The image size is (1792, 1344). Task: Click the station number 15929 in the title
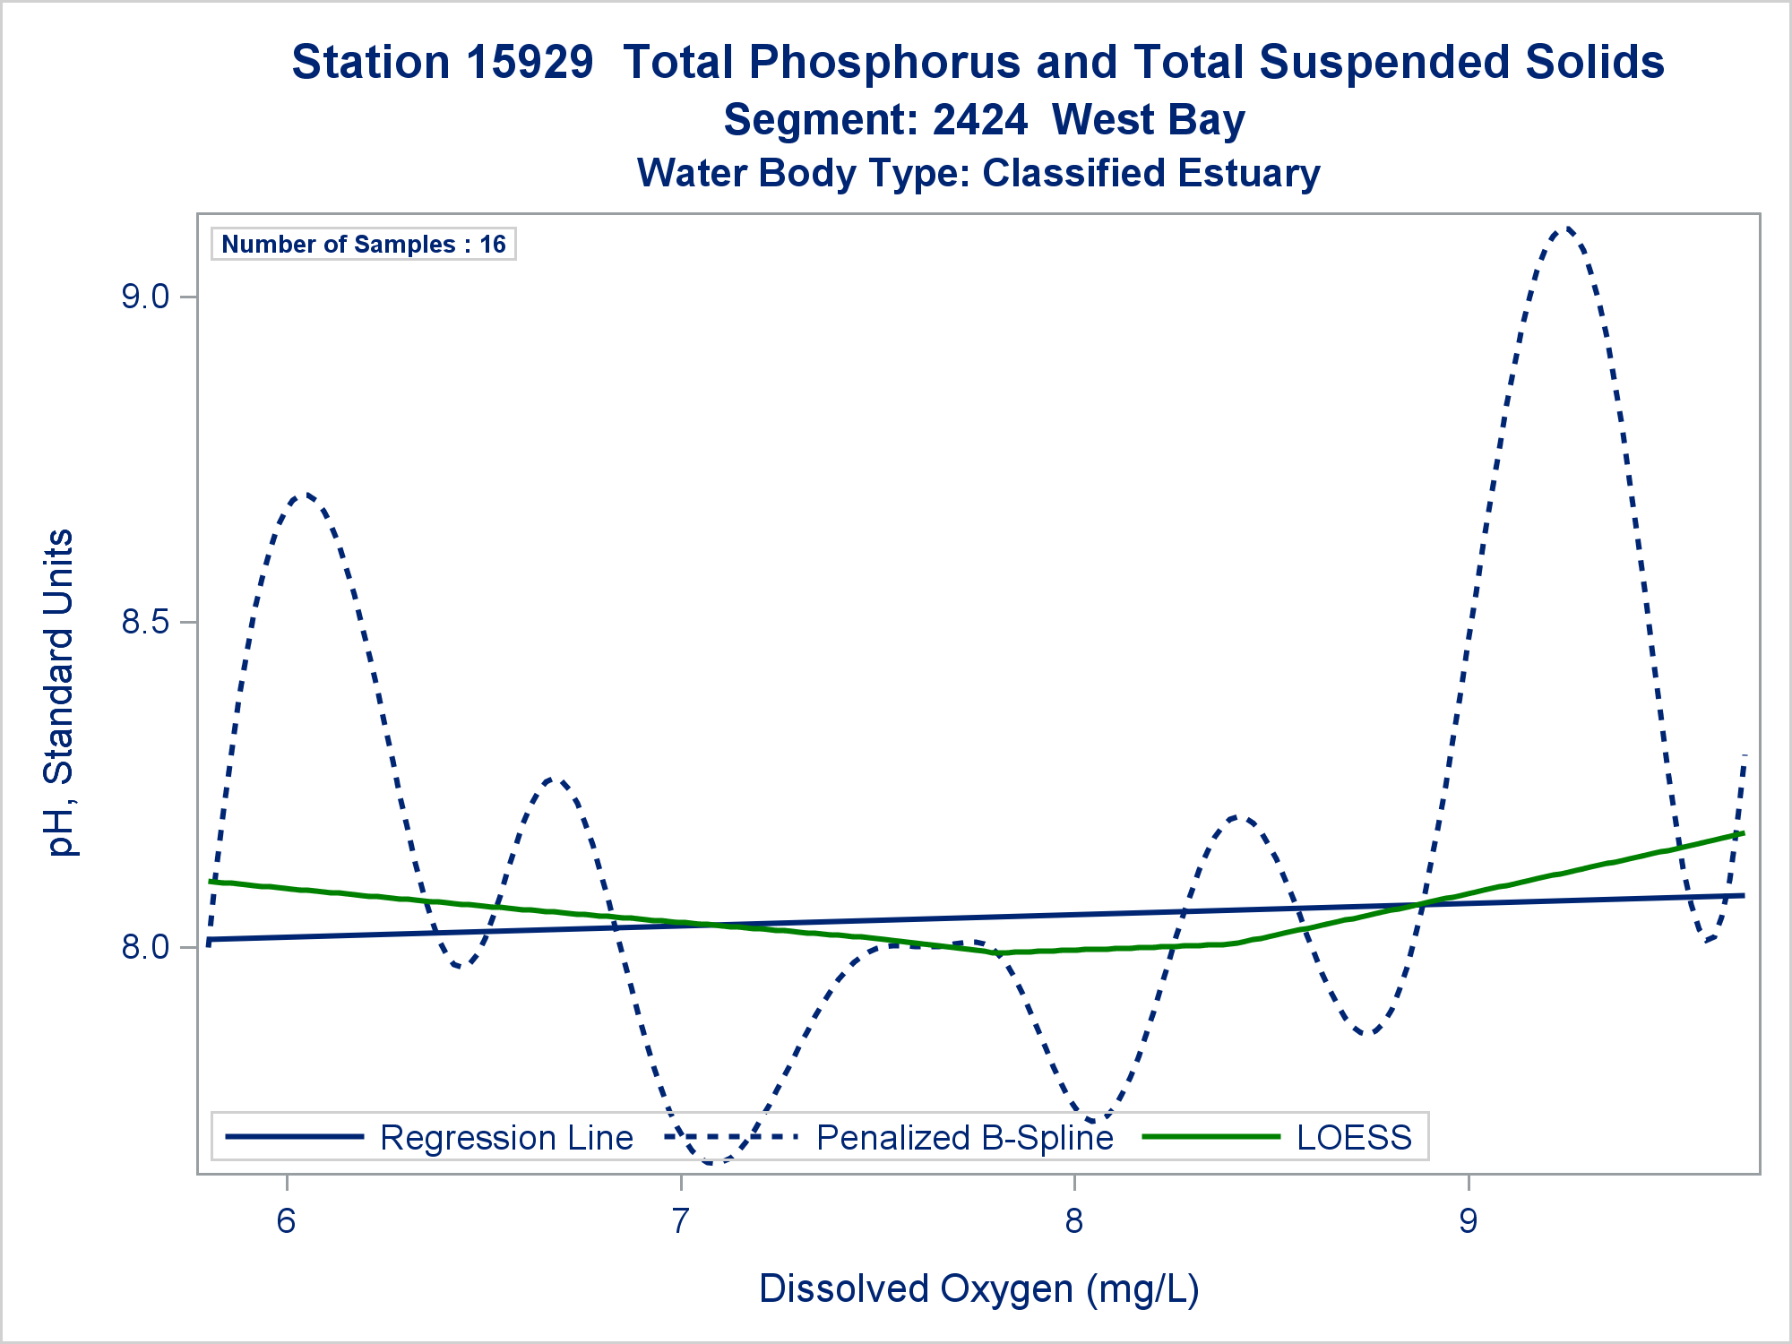pyautogui.click(x=530, y=63)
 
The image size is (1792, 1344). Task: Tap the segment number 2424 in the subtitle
pyautogui.click(x=979, y=120)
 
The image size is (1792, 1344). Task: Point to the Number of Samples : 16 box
pyautogui.click(x=364, y=244)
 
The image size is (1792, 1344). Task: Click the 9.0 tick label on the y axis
pyautogui.click(x=145, y=297)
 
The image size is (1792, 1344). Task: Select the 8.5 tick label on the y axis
pyautogui.click(x=145, y=622)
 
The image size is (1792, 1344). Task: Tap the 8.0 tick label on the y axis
pyautogui.click(x=145, y=947)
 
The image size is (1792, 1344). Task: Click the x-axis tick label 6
pyautogui.click(x=286, y=1220)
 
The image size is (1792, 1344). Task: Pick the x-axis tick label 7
pyautogui.click(x=680, y=1220)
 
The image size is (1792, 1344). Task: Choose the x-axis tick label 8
pyautogui.click(x=1074, y=1220)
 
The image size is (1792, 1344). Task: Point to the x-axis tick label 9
pyautogui.click(x=1468, y=1220)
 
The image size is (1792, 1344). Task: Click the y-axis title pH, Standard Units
pyautogui.click(x=60, y=693)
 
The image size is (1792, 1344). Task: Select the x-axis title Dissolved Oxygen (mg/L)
pyautogui.click(x=978, y=1288)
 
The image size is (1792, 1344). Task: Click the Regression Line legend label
pyautogui.click(x=506, y=1138)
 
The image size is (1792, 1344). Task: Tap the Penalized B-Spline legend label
pyautogui.click(x=964, y=1138)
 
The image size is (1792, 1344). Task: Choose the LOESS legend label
pyautogui.click(x=1354, y=1138)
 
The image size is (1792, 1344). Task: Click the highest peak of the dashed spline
pyautogui.click(x=1564, y=229)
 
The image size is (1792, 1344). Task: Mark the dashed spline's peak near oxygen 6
pyautogui.click(x=305, y=494)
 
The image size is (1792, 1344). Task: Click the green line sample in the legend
pyautogui.click(x=1211, y=1137)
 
